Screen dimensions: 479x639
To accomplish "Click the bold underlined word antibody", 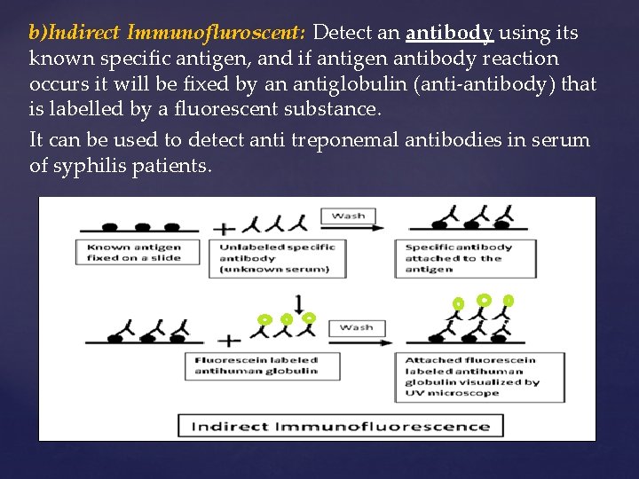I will pos(449,34).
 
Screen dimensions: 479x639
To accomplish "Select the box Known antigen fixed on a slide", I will pos(134,252).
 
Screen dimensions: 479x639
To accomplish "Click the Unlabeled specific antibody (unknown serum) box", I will pos(276,257).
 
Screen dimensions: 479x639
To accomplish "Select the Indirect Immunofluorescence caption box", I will pos(340,425).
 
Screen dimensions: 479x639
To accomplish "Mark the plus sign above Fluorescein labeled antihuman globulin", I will pos(228,339).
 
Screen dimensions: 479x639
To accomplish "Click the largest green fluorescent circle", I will pos(484,299).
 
